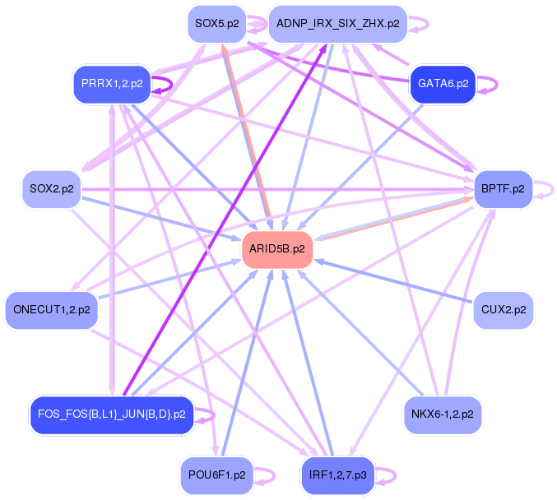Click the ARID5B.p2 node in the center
(x=277, y=248)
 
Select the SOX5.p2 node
(x=216, y=24)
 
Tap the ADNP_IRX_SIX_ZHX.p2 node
(x=337, y=24)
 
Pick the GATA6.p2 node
(x=443, y=84)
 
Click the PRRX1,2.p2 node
(x=111, y=84)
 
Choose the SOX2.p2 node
(x=51, y=189)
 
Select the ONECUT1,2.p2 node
(x=51, y=310)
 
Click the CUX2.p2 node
(x=504, y=310)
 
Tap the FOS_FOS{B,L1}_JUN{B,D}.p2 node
(x=111, y=414)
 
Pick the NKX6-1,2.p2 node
(x=443, y=414)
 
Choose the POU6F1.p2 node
(x=216, y=475)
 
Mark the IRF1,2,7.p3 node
(x=338, y=475)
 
